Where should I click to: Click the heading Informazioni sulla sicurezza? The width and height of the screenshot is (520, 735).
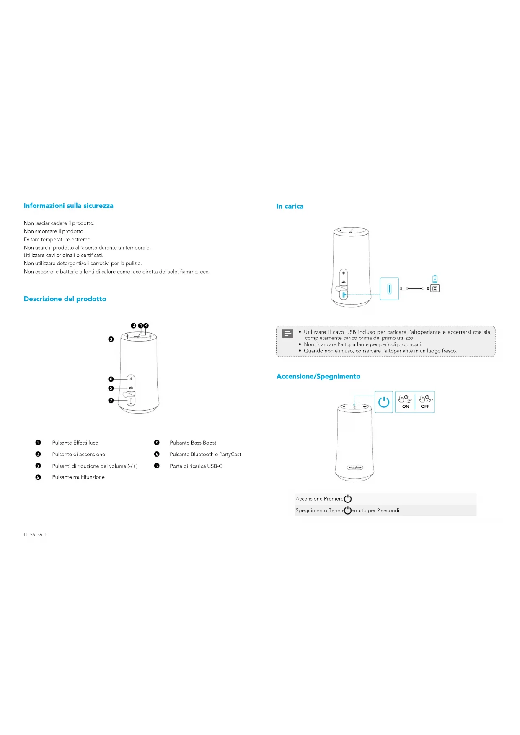[x=68, y=206]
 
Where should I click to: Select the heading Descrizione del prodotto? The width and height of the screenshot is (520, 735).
[x=65, y=299]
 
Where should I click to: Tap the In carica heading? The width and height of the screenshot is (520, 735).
[x=290, y=206]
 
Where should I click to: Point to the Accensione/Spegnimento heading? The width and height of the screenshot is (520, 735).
[x=318, y=376]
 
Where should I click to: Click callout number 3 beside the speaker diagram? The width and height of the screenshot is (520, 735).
[x=111, y=339]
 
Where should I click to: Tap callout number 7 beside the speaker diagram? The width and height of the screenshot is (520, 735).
[x=111, y=401]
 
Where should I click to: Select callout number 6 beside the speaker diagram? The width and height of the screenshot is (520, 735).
[x=111, y=379]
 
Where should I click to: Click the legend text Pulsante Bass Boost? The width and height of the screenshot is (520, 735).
[x=193, y=443]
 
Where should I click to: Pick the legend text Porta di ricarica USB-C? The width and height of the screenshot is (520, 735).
[x=196, y=466]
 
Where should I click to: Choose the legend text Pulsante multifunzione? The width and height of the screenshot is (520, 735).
[x=78, y=477]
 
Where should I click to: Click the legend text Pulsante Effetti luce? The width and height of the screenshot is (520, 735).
[x=75, y=443]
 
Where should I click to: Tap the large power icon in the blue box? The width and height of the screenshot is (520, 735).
[x=383, y=402]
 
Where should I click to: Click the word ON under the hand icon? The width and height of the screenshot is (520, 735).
[x=406, y=406]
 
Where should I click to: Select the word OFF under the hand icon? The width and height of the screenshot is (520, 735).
[x=425, y=406]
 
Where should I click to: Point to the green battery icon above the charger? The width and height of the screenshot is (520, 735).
[x=435, y=279]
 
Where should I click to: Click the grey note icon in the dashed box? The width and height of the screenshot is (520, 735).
[x=288, y=334]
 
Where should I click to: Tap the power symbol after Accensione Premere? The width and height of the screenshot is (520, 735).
[x=348, y=499]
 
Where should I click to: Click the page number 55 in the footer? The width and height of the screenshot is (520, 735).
[x=32, y=535]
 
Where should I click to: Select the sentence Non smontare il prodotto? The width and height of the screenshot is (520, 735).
[x=54, y=231]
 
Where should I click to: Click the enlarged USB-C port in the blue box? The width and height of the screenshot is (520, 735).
[x=389, y=289]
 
